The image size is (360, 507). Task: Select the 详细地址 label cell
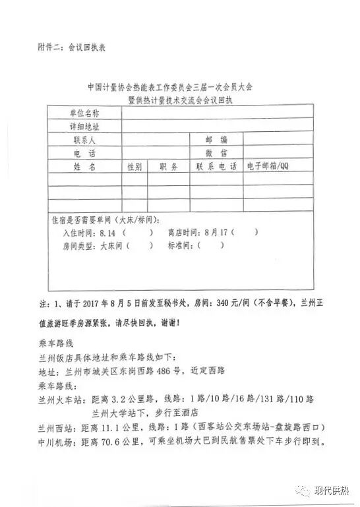(84, 126)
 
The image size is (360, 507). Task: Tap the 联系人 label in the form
(84, 140)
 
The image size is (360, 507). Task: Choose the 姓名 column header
(84, 166)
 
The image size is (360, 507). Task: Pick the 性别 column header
(134, 167)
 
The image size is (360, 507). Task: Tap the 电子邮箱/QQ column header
(268, 166)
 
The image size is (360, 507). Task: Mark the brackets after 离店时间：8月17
(245, 233)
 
